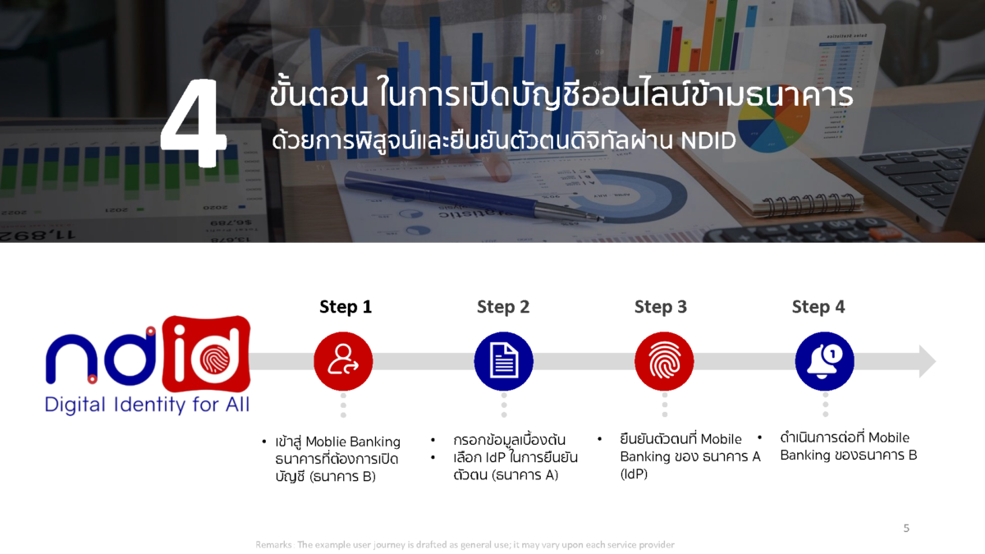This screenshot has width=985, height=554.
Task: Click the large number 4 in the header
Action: pos(194,126)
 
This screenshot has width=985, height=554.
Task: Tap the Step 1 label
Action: pos(346,307)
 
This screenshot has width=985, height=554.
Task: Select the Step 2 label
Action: pos(503,307)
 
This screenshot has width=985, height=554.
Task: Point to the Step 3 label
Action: pos(661,307)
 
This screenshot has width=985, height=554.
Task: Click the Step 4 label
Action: pos(818,307)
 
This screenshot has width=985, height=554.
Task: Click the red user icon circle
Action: pos(343,361)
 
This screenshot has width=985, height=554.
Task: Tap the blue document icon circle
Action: pos(503,361)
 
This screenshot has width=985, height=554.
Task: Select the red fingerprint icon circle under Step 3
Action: pos(664,361)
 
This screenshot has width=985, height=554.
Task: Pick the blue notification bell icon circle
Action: pos(824,361)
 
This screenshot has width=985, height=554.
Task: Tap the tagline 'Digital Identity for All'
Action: pos(147,405)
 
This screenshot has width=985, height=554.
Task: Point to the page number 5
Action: pos(906,528)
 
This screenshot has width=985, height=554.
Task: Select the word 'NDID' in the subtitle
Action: pos(708,141)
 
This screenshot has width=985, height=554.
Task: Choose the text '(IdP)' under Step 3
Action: pos(634,474)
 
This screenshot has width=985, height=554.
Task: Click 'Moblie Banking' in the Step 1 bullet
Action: pos(353,442)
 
